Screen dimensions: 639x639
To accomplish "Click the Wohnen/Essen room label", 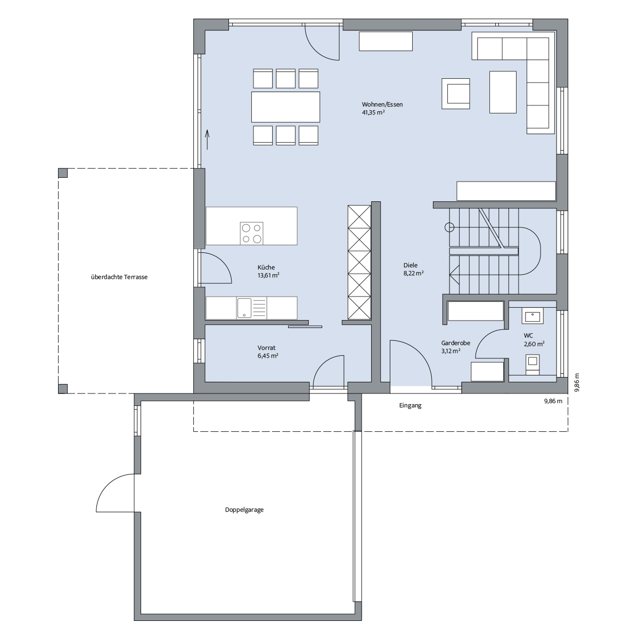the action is point(382,104).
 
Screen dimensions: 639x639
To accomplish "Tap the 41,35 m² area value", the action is point(373,112).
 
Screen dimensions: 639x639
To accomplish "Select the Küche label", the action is point(266,267).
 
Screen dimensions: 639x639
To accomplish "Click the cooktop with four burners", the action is point(252,234).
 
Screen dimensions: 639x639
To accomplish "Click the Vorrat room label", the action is point(267,348).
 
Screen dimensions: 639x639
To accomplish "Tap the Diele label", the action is point(411,265).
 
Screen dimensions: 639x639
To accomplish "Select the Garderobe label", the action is point(456,343).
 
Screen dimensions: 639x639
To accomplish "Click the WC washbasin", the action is point(532,315).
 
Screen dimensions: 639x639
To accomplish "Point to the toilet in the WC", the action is point(532,364).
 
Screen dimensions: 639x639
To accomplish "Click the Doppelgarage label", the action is point(244,510).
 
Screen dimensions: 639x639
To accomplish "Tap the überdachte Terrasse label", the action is point(119,277).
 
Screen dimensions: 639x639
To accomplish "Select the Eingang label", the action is point(410,405).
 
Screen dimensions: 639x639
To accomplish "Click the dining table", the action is point(285,107).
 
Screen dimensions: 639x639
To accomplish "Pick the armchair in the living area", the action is point(456,94).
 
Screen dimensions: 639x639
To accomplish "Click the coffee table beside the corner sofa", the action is point(503,92).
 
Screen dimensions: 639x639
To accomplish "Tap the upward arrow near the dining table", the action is point(208,140).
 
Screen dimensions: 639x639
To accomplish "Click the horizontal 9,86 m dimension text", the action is point(553,401).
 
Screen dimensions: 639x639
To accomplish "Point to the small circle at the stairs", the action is point(449,227).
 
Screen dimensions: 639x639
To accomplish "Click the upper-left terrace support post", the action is point(63,173).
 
